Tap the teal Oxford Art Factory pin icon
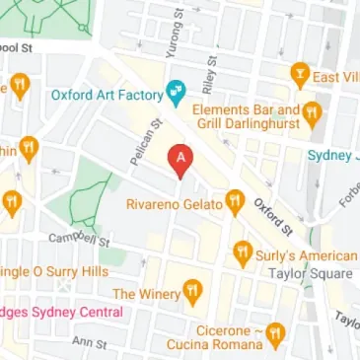pyautogui.click(x=177, y=94)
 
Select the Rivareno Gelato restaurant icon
pyautogui.click(x=235, y=204)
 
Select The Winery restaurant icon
pyautogui.click(x=192, y=292)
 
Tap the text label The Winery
pyautogui.click(x=145, y=293)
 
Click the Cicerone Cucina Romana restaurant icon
pyautogui.click(x=277, y=333)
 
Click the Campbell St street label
pyautogui.click(x=80, y=240)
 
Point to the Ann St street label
pyautogui.click(x=89, y=342)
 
